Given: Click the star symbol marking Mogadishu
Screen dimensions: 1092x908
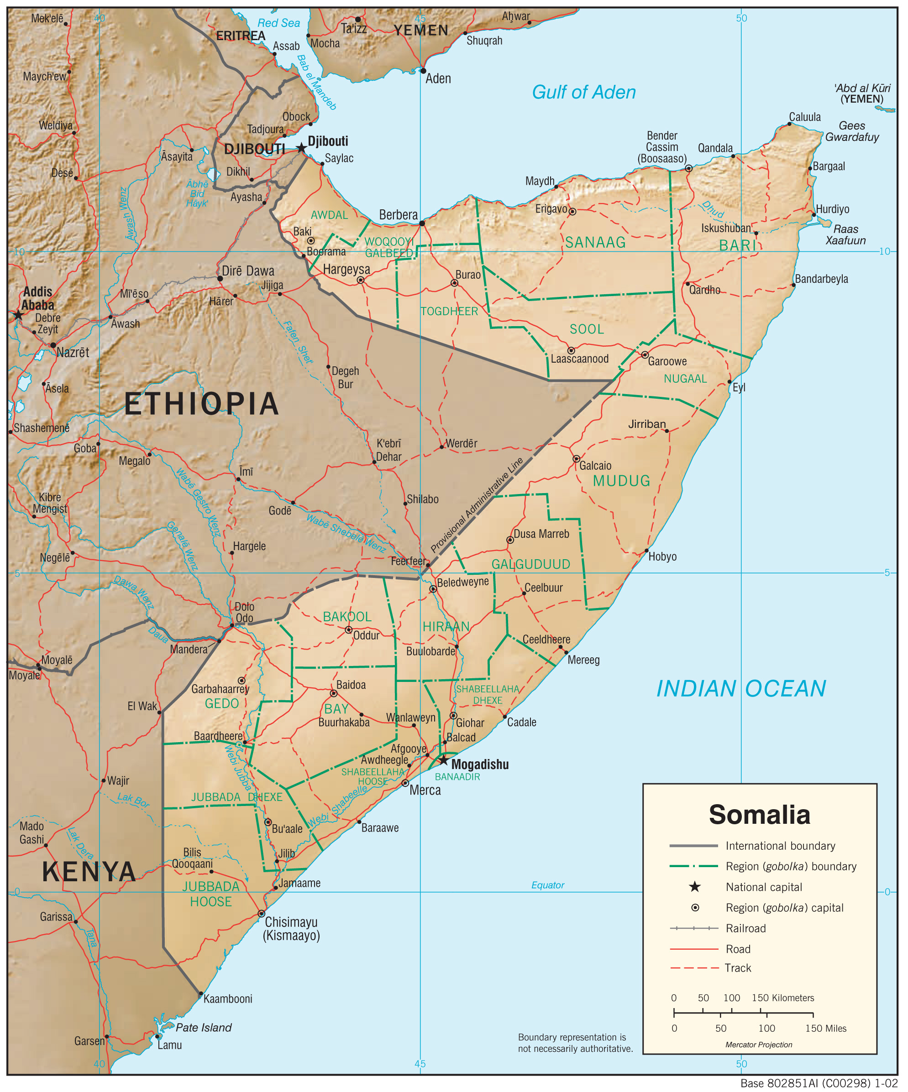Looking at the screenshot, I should pyautogui.click(x=443, y=760).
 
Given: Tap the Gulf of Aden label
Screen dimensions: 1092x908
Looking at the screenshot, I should pyautogui.click(x=583, y=93).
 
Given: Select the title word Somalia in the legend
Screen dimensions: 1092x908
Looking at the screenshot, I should pyautogui.click(x=759, y=815).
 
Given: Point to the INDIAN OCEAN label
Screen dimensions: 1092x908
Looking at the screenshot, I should pyautogui.click(x=740, y=688).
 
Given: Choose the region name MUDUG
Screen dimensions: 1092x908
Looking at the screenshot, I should pyautogui.click(x=621, y=480).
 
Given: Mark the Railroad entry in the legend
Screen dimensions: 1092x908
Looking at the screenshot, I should pyautogui.click(x=745, y=928).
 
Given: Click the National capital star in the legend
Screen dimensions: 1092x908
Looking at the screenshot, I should pyautogui.click(x=695, y=887).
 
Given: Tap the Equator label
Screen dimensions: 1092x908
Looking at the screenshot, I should pyautogui.click(x=547, y=885).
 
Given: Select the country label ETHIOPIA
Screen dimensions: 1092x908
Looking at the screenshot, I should pyautogui.click(x=201, y=404).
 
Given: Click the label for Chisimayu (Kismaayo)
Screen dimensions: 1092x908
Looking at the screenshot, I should pyautogui.click(x=291, y=929).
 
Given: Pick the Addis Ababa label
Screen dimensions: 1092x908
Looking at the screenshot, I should pyautogui.click(x=37, y=298).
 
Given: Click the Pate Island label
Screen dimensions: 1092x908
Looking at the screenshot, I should pyautogui.click(x=204, y=1028).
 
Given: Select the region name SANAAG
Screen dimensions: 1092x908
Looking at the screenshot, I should pyautogui.click(x=595, y=242).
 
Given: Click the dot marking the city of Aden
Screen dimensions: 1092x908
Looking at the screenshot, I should pyautogui.click(x=423, y=71).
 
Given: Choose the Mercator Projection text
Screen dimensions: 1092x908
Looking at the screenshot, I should pyautogui.click(x=759, y=1045).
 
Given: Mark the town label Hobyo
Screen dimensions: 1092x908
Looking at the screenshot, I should pyautogui.click(x=662, y=556).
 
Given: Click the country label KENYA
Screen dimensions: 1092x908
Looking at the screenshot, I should pyautogui.click(x=89, y=872).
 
